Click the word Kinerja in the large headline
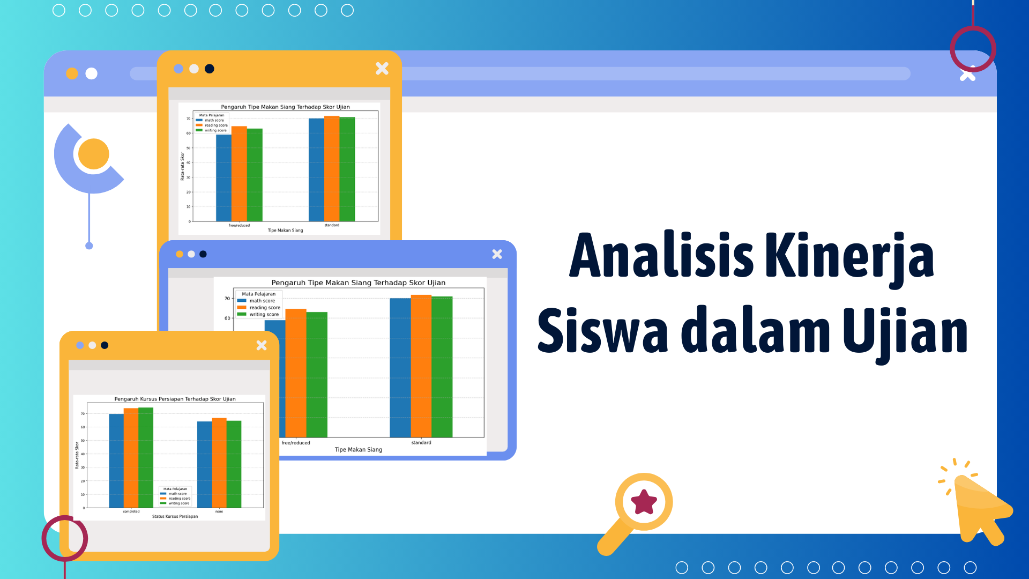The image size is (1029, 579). click(x=849, y=256)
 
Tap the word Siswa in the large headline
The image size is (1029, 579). click(x=602, y=331)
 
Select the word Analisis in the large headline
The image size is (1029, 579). click(x=661, y=256)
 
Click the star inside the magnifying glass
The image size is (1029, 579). click(x=644, y=502)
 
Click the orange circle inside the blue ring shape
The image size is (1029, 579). click(x=94, y=154)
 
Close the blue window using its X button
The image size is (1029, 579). click(x=497, y=254)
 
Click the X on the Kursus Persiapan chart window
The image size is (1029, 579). click(x=262, y=345)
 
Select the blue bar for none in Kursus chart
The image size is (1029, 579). click(x=205, y=464)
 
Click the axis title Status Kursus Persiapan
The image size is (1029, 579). click(x=175, y=516)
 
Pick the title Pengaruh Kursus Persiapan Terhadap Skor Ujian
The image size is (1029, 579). click(x=175, y=399)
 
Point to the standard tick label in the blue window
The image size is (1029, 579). click(x=421, y=443)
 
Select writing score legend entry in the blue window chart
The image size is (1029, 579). click(x=264, y=315)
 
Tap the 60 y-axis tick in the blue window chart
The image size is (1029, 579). click(x=227, y=318)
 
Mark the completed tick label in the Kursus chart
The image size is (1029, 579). click(x=131, y=511)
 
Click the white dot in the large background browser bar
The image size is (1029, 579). click(x=92, y=73)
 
